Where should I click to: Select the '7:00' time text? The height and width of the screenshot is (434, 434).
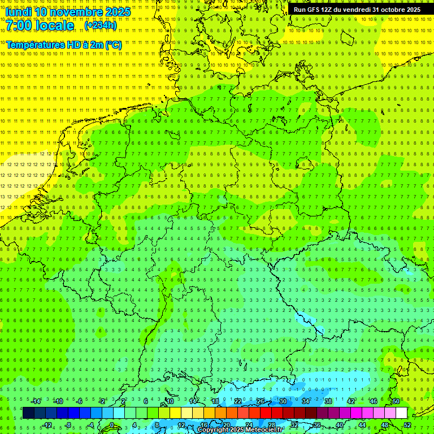(20, 25)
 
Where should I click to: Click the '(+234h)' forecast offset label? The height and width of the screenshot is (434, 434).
(101, 25)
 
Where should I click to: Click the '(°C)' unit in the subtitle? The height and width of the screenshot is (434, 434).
(113, 44)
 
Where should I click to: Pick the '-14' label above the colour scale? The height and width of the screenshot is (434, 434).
(36, 401)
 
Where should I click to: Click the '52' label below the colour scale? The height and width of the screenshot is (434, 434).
(407, 425)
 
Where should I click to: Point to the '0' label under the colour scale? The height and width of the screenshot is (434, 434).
(112, 425)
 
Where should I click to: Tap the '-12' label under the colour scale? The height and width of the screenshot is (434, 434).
(47, 425)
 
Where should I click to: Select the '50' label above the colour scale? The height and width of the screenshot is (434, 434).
(396, 401)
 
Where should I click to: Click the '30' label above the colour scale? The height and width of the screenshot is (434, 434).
(283, 401)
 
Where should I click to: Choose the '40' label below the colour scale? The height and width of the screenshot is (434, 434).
(339, 425)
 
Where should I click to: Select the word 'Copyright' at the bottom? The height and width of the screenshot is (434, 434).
(214, 430)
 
